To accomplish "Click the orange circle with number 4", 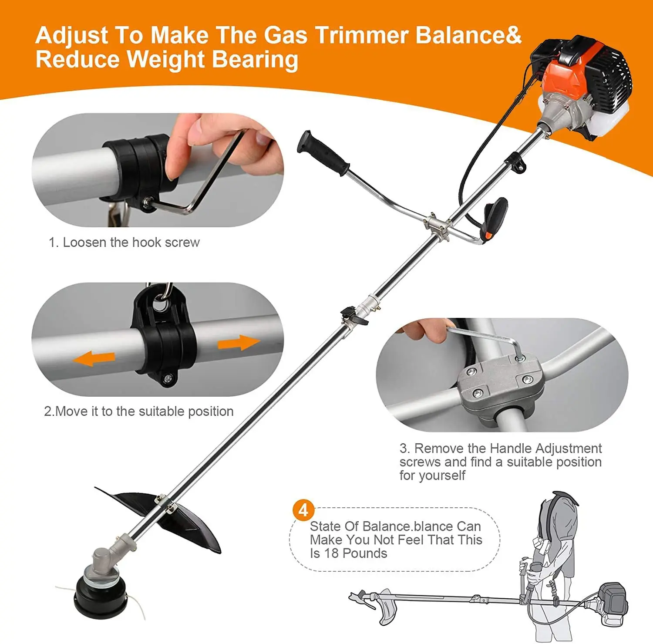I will click(x=303, y=510).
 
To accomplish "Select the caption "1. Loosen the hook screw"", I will click(x=124, y=243).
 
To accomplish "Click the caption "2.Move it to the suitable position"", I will click(x=138, y=411).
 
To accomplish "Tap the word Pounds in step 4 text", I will click(x=365, y=553).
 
